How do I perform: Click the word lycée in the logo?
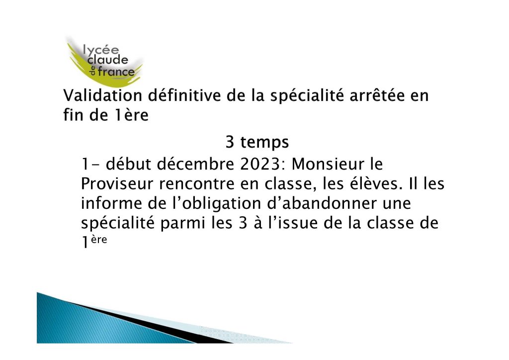(x=101, y=50)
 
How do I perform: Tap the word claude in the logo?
(x=108, y=60)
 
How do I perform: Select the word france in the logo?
(x=116, y=72)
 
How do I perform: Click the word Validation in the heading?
(x=102, y=95)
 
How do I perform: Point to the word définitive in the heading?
(x=184, y=95)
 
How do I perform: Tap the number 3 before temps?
(x=230, y=142)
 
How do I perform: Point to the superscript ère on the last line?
(x=99, y=240)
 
